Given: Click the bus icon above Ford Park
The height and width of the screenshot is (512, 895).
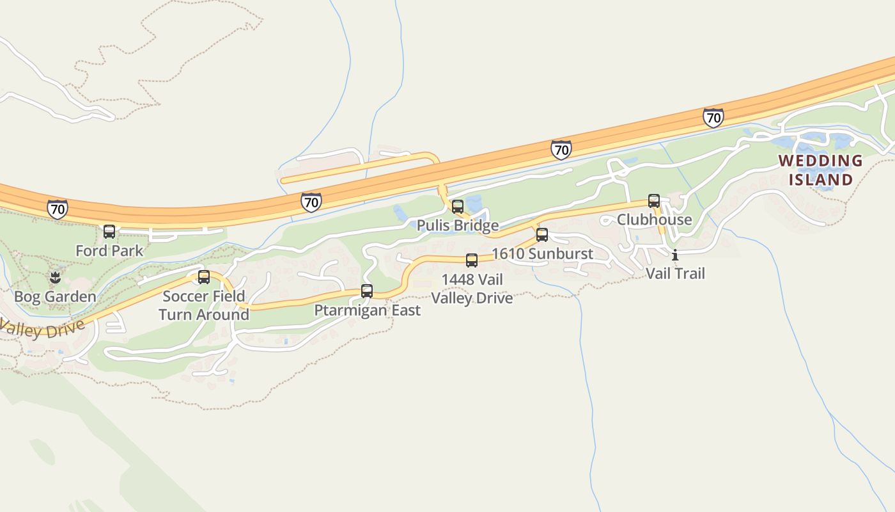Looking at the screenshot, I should tap(109, 232).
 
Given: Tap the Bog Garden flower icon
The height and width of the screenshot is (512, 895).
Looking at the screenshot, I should tap(55, 278).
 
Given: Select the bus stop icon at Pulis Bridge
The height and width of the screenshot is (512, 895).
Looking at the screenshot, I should tap(458, 207).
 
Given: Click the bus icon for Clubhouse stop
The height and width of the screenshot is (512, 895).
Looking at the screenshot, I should tap(654, 201).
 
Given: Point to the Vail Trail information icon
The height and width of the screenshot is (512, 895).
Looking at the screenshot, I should tap(675, 255).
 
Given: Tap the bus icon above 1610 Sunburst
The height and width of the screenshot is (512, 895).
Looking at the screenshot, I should tap(542, 235).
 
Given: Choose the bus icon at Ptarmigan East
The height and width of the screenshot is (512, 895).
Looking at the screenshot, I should tap(367, 291).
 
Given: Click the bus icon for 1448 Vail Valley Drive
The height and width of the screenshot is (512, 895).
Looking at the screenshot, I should tap(472, 260).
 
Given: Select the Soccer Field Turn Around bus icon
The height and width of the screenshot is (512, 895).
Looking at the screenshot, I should tap(204, 277).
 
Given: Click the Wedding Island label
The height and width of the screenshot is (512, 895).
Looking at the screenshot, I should tap(820, 170).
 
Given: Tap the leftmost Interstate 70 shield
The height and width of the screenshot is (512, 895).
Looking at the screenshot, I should tap(58, 209).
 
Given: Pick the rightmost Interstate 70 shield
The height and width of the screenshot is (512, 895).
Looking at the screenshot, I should tap(713, 117).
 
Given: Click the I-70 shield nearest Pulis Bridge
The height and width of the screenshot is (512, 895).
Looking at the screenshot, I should tap(311, 202).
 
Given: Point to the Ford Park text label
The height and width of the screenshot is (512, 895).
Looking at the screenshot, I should tap(109, 251).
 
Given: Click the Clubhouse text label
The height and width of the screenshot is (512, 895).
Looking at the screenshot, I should tap(654, 220).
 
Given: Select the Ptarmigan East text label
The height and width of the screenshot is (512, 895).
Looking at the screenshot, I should tap(367, 310).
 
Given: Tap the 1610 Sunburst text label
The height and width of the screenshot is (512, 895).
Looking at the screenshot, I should tap(542, 254).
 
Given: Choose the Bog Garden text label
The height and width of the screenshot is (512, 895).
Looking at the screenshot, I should tap(55, 297).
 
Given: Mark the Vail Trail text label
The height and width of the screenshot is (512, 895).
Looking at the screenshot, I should tap(675, 274).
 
